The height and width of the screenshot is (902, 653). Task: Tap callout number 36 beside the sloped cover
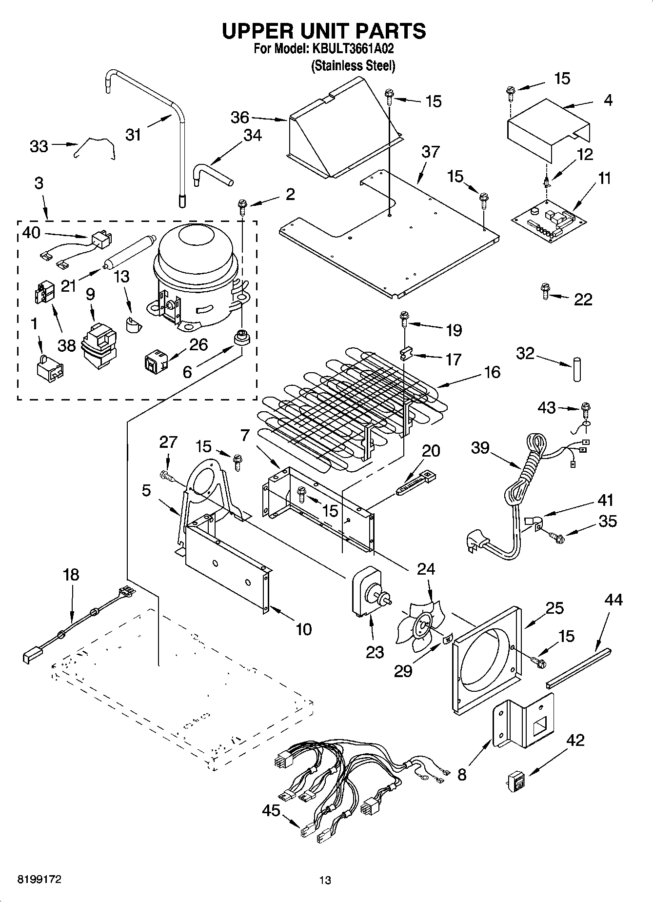[239, 118]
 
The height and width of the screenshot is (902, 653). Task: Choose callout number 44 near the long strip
[613, 599]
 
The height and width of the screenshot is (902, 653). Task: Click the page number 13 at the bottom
[325, 880]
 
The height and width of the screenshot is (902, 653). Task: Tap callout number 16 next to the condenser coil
[492, 372]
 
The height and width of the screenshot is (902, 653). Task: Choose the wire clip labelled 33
[94, 147]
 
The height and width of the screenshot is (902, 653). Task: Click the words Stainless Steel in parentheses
[353, 65]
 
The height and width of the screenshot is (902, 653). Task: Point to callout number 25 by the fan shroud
[554, 608]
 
